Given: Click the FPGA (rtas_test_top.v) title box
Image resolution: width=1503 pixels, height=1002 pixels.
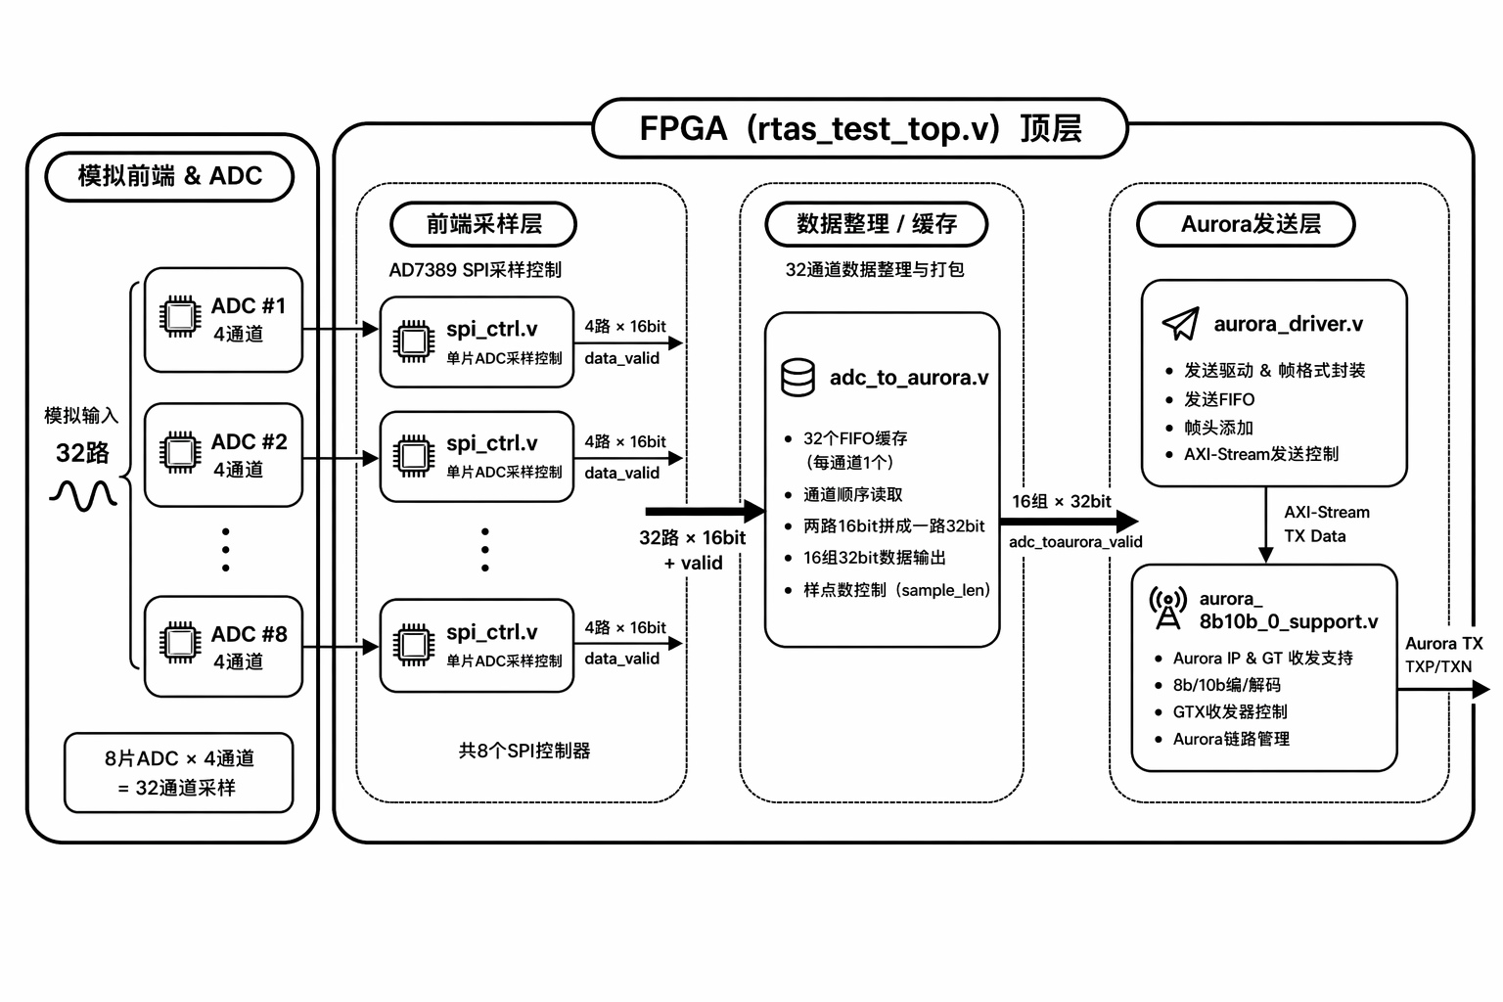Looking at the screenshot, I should (860, 128).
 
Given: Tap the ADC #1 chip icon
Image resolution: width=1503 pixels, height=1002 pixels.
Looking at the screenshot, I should (180, 316).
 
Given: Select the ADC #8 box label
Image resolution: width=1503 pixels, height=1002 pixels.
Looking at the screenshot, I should (250, 634).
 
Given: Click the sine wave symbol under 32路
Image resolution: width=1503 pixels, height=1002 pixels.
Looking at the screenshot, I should (83, 495).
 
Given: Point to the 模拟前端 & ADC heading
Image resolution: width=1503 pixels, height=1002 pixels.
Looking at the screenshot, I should (170, 176).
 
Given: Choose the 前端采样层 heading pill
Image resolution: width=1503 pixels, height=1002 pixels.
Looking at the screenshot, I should (483, 224).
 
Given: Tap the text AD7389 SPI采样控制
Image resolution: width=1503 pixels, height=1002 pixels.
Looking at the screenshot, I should (476, 270).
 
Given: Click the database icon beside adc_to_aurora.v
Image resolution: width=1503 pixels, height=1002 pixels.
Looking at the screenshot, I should (797, 378).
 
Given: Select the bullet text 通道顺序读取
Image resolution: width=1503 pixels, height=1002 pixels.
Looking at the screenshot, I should (852, 495).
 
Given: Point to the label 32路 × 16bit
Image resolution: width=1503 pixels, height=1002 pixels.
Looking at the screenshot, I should (692, 538).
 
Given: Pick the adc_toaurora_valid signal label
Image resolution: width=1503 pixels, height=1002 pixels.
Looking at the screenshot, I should (1075, 542).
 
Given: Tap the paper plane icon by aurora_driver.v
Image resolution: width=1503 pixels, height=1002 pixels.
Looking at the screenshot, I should (1180, 324).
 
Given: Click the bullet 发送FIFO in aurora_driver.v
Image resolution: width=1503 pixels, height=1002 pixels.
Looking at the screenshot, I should (1218, 399).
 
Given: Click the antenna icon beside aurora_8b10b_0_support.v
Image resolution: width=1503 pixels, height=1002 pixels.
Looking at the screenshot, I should (1167, 609).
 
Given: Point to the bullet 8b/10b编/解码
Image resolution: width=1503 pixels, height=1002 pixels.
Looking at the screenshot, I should (1226, 685).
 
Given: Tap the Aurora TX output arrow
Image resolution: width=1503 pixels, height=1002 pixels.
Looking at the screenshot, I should (1443, 690).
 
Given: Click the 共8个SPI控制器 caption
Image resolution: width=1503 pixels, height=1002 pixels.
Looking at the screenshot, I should (524, 751).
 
